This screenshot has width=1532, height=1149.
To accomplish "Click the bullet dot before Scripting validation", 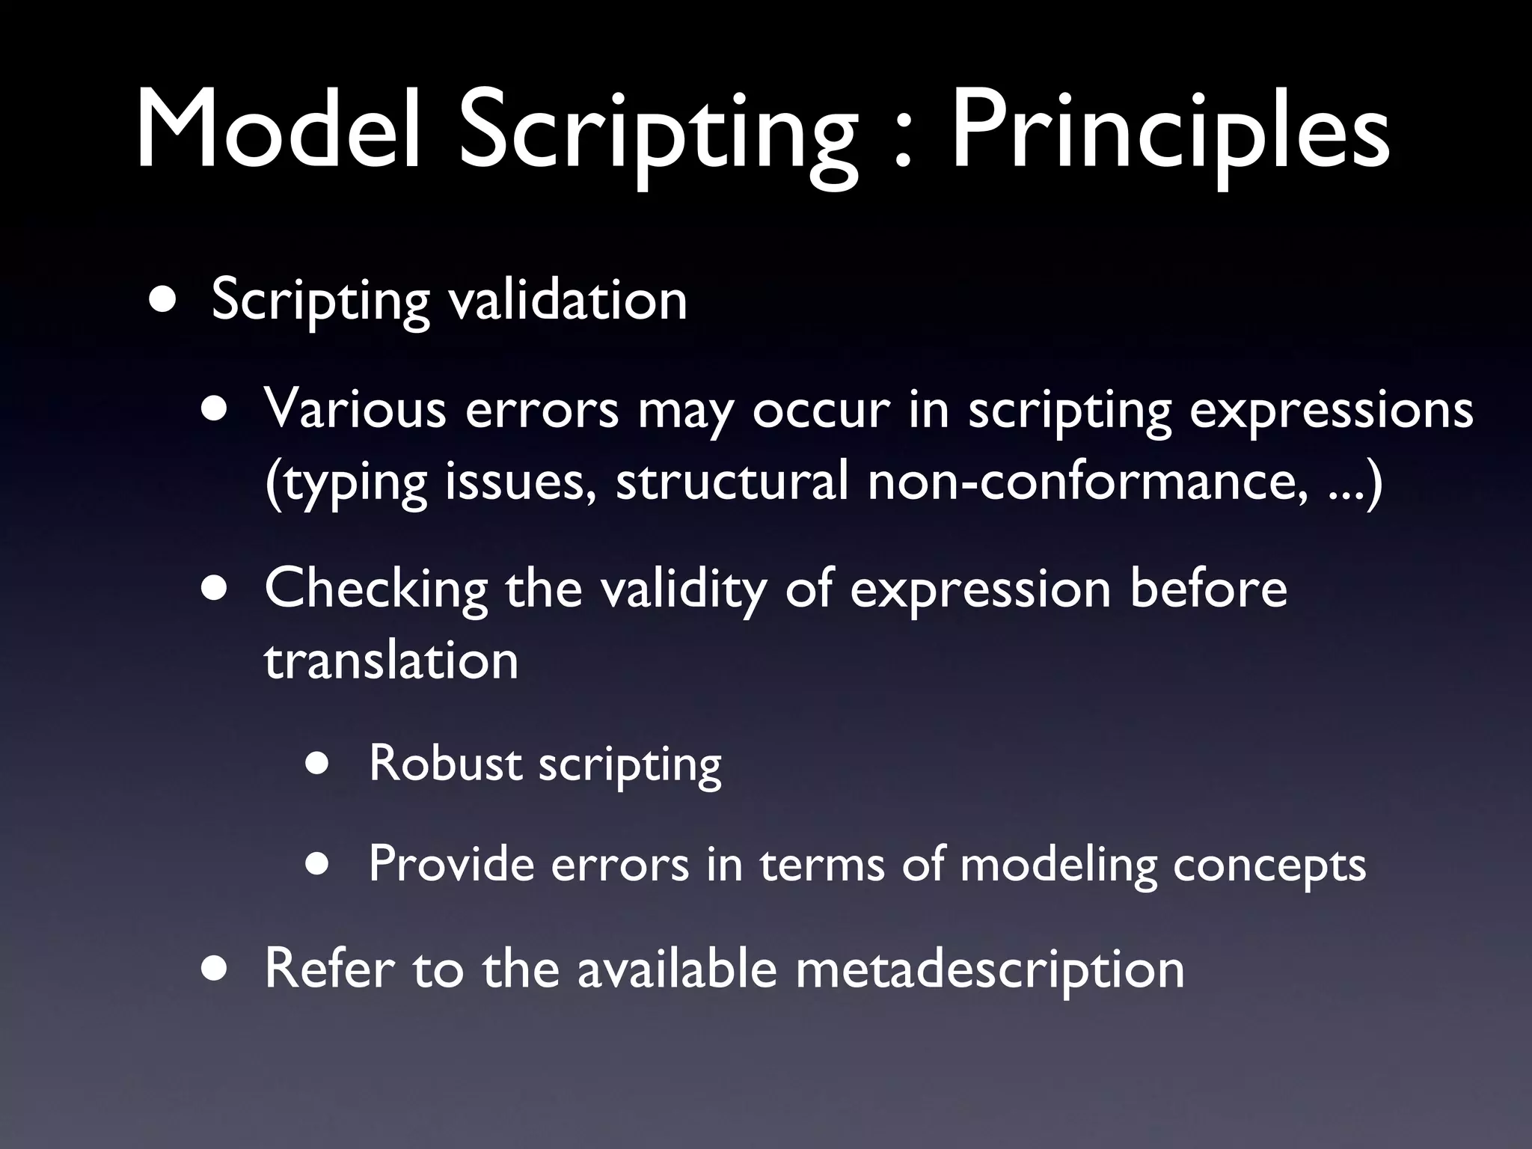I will [x=163, y=300].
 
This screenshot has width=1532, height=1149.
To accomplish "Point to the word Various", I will [x=355, y=411].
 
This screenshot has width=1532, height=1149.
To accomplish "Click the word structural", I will [x=732, y=482].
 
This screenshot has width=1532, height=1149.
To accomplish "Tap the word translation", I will [x=390, y=661].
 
